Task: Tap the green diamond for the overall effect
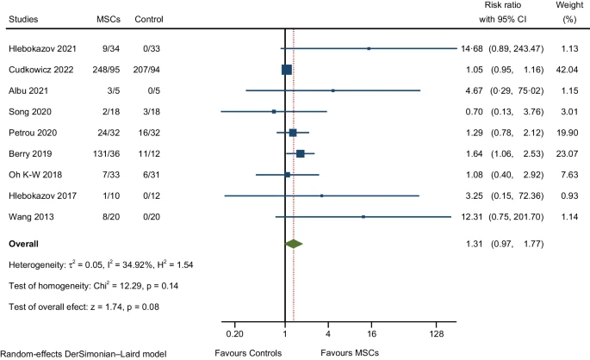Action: click(x=294, y=244)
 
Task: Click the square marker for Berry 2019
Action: click(x=300, y=153)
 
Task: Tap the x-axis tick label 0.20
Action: click(x=233, y=333)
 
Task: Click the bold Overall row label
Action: click(x=26, y=244)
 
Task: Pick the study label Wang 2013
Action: click(x=29, y=216)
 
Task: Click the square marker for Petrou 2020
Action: click(x=293, y=133)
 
